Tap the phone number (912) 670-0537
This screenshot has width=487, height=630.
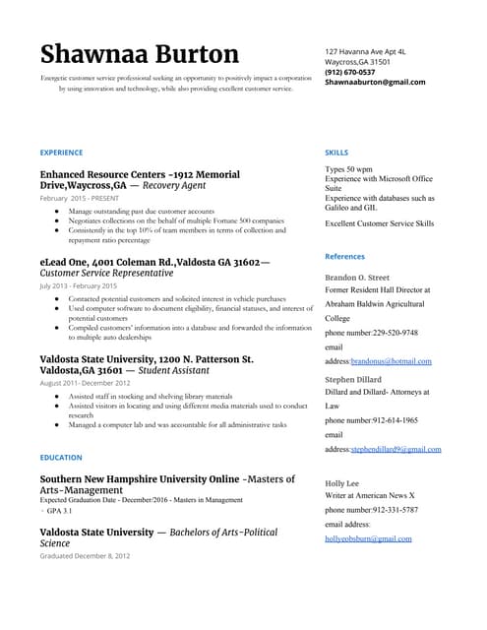point(350,72)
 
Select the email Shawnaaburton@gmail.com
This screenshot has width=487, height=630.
point(375,83)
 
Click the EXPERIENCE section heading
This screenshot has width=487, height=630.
point(61,153)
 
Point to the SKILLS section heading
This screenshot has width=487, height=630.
point(335,153)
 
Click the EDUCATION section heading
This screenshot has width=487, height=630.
point(61,458)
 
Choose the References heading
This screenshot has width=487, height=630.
point(344,256)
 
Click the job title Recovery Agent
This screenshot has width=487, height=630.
point(174,185)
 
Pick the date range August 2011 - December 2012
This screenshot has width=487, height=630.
point(85,383)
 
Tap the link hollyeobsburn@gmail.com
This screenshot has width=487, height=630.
point(368,538)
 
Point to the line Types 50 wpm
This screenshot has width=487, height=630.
point(348,169)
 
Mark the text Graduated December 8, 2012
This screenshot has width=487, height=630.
point(85,556)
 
